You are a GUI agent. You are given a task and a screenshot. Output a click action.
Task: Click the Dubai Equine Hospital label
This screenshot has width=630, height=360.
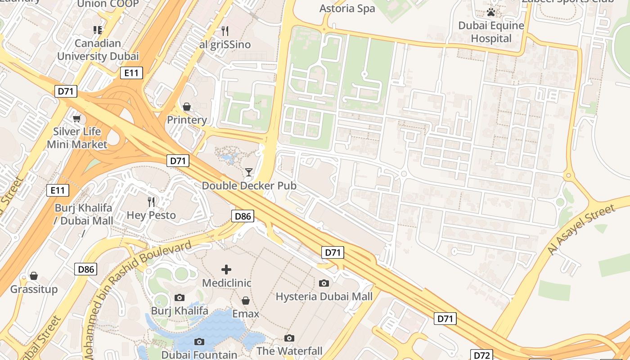click(491, 32)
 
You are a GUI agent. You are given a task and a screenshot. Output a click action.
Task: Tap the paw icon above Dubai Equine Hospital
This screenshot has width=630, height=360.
click(491, 12)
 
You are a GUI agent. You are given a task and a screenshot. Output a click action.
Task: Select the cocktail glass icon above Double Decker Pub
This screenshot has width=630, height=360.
click(248, 172)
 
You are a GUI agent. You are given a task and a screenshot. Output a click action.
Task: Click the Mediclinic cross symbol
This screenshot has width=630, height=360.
click(226, 270)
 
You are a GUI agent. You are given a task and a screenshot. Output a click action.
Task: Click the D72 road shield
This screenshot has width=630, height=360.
click(481, 355)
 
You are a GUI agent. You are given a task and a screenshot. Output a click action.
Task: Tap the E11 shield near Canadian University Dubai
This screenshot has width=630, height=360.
click(131, 73)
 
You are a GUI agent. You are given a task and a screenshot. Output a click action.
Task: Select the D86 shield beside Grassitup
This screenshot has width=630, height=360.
click(86, 269)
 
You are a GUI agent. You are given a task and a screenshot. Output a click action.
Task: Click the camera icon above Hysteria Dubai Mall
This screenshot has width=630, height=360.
click(324, 283)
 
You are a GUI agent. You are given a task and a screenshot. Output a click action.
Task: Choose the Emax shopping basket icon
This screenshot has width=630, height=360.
click(246, 300)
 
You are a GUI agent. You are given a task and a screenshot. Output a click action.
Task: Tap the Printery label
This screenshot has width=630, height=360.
click(187, 120)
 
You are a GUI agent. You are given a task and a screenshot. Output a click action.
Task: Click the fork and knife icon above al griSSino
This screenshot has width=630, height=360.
click(225, 31)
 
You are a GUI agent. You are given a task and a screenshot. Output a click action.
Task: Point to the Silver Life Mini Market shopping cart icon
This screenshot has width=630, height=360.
click(77, 118)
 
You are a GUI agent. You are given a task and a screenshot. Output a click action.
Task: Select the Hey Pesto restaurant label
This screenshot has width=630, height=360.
click(151, 215)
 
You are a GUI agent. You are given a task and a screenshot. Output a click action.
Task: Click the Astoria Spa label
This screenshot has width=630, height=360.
click(347, 8)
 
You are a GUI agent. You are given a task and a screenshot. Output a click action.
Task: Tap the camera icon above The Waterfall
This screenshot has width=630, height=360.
click(289, 338)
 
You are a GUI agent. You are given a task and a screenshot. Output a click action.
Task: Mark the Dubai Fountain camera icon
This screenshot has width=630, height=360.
click(199, 342)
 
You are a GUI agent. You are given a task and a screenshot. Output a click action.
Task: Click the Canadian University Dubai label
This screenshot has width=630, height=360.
click(98, 50)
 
